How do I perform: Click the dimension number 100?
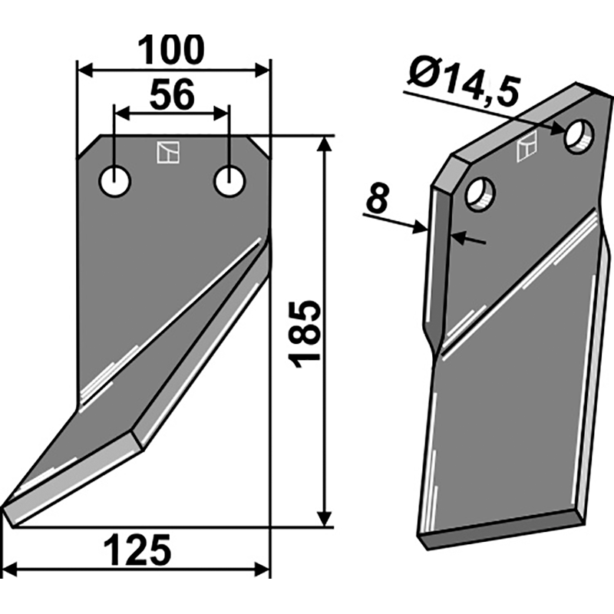coord(171,50)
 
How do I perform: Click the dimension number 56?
coord(172,94)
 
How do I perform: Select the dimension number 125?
coord(138,550)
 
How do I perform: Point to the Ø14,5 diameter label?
coord(464,83)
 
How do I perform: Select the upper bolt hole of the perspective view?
coord(579,137)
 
